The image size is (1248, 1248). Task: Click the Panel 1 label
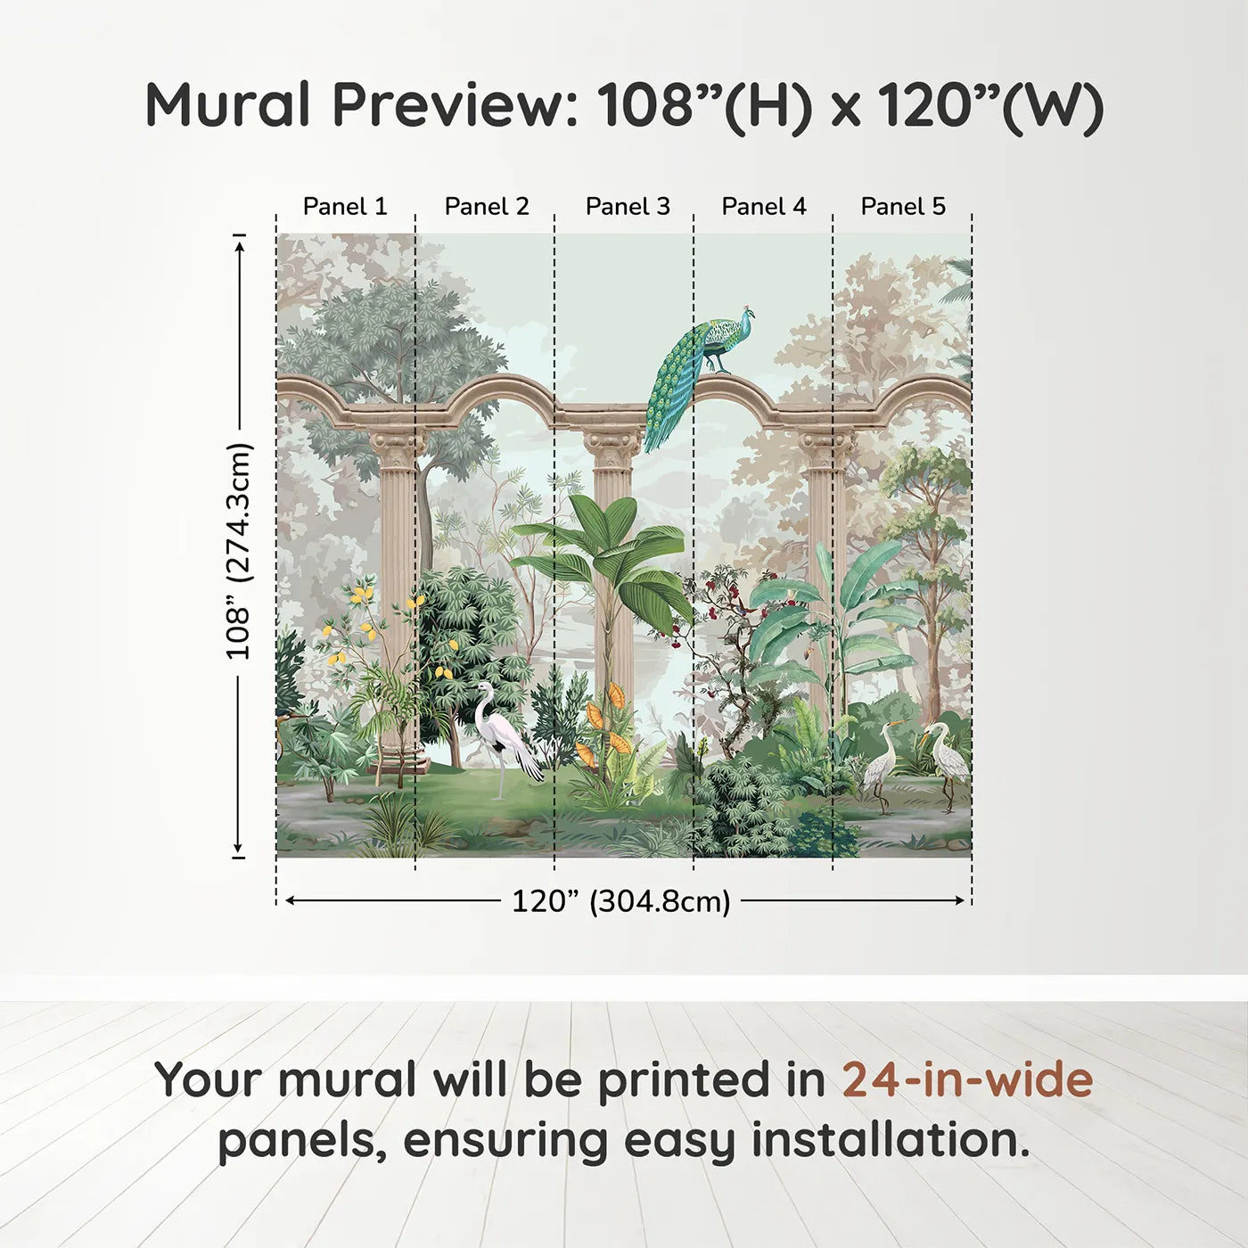tap(345, 207)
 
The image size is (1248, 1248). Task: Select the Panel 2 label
tap(487, 207)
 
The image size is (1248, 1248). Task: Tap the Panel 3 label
tap(628, 207)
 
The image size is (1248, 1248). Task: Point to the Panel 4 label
tap(764, 207)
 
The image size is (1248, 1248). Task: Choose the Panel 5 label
tap(903, 207)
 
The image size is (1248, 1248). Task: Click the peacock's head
tap(748, 313)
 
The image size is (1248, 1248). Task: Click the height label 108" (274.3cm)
tap(237, 551)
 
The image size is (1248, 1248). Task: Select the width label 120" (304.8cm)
tap(621, 901)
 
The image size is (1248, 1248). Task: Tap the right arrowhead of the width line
tap(960, 901)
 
